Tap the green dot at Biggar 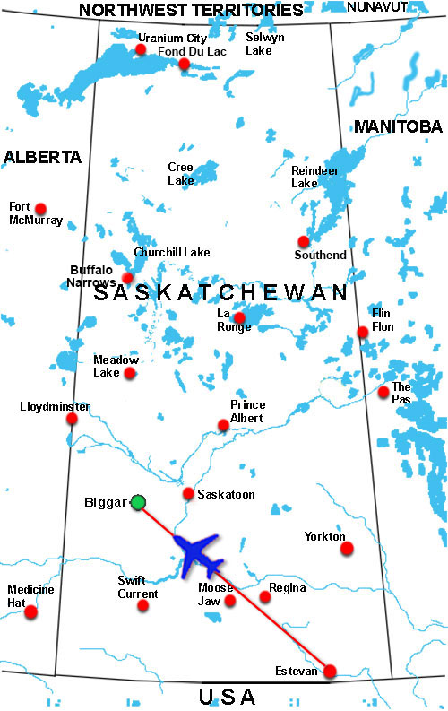click(x=137, y=502)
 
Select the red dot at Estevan click(x=330, y=671)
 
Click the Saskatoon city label click(x=226, y=494)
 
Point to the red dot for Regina click(x=264, y=596)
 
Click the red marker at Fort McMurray click(x=39, y=204)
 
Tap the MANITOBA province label click(x=398, y=126)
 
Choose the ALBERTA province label click(x=42, y=157)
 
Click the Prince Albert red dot click(x=224, y=425)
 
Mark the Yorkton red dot click(x=347, y=548)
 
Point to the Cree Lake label click(x=180, y=173)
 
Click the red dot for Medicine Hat click(x=31, y=611)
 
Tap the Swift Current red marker click(x=142, y=605)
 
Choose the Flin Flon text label click(x=383, y=320)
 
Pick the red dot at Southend click(x=304, y=241)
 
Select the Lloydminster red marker click(x=73, y=419)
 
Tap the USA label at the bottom click(x=226, y=696)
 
